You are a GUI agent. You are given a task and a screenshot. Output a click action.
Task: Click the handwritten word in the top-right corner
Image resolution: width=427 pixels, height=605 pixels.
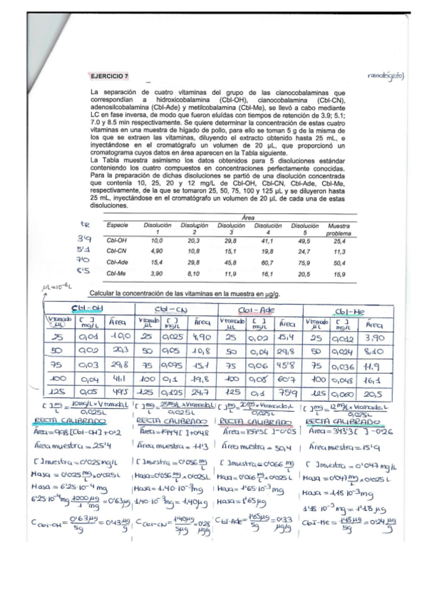(386, 74)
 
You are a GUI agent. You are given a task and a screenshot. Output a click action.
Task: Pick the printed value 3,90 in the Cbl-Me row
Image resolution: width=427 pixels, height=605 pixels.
(155, 273)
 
